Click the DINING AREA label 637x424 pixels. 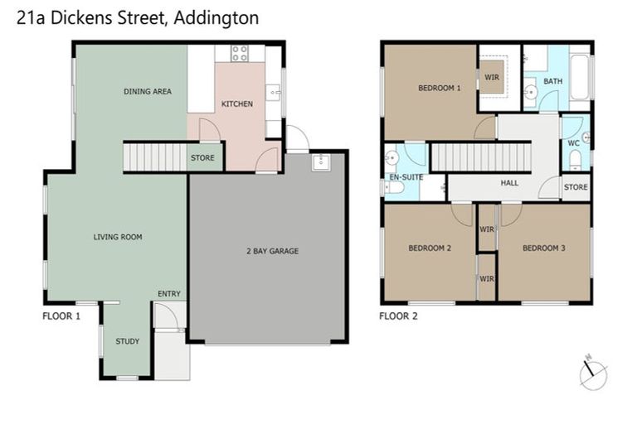point(148,91)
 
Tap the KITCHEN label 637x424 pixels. point(237,104)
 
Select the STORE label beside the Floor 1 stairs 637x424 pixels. point(202,157)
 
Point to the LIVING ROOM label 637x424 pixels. point(117,237)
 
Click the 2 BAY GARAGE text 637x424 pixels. point(271,251)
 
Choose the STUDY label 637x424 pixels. point(128,341)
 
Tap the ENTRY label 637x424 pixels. point(169,294)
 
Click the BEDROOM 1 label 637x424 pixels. point(439,88)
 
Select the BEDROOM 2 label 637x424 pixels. point(429,248)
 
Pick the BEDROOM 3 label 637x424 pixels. point(544,248)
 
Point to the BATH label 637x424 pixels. point(553,81)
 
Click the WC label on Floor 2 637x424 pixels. point(573,142)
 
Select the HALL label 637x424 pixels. point(510,183)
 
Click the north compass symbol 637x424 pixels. point(593,373)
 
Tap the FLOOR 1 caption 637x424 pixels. point(61,316)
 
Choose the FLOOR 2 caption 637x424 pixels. point(398,316)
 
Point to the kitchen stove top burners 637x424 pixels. point(240,54)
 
